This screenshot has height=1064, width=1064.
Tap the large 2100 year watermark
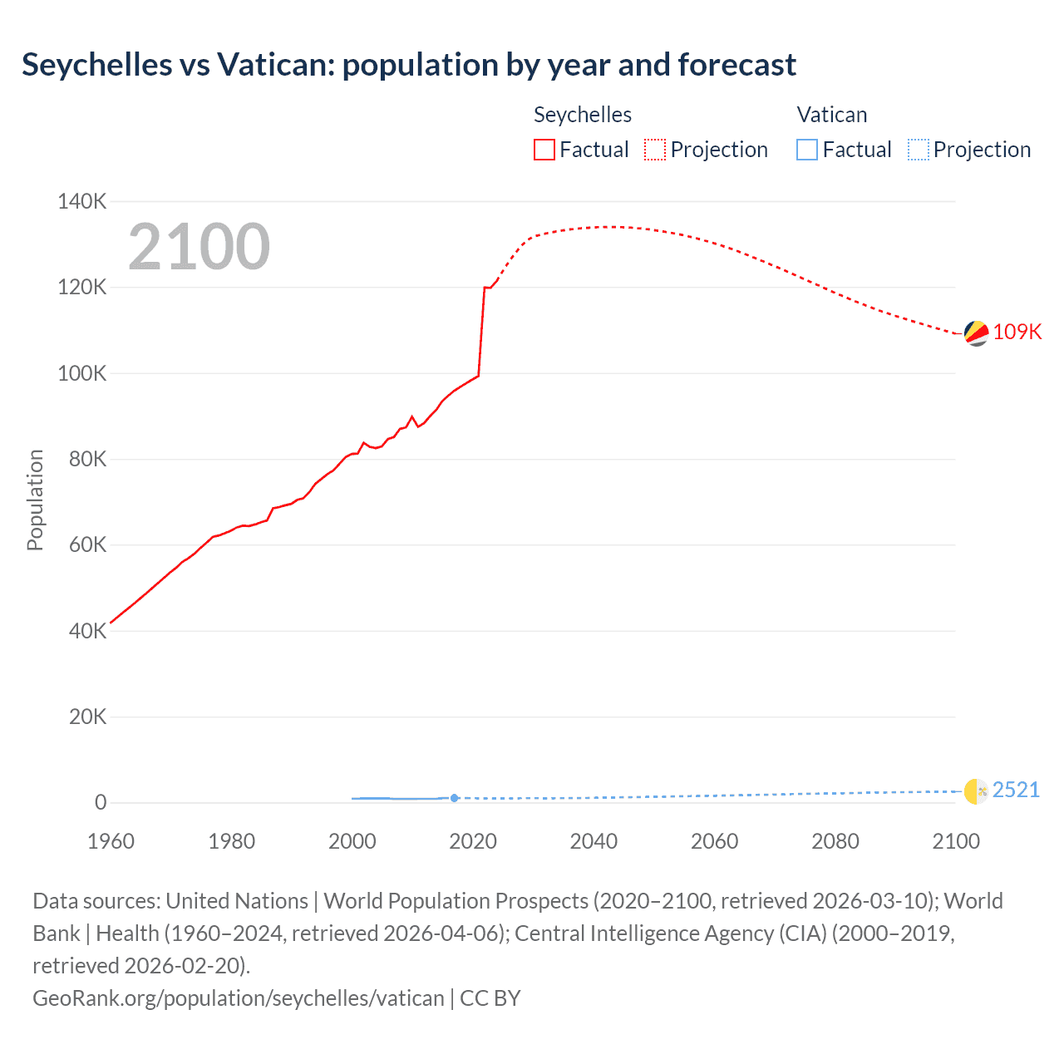199,247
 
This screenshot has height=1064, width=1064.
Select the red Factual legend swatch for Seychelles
544,150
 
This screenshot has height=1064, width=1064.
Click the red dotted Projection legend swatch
655,150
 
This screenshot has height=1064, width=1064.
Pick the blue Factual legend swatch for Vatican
807,150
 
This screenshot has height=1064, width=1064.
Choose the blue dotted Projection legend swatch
919,150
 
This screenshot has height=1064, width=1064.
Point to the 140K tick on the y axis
82,201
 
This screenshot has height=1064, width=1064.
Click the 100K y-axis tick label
82,373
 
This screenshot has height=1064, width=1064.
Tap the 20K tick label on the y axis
87,717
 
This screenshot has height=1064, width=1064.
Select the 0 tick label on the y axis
101,802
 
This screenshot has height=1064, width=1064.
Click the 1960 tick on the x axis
111,841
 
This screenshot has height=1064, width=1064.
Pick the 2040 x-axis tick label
594,841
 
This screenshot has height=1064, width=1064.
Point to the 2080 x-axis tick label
835,841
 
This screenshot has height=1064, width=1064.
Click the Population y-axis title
35,500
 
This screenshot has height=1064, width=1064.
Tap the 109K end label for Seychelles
1017,332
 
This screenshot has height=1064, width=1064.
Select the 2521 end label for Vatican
1016,790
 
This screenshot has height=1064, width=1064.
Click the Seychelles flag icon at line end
976,333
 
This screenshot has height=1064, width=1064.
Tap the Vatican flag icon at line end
976,791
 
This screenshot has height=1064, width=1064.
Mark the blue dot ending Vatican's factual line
454,798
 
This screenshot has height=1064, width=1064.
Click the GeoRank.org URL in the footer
239,997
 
